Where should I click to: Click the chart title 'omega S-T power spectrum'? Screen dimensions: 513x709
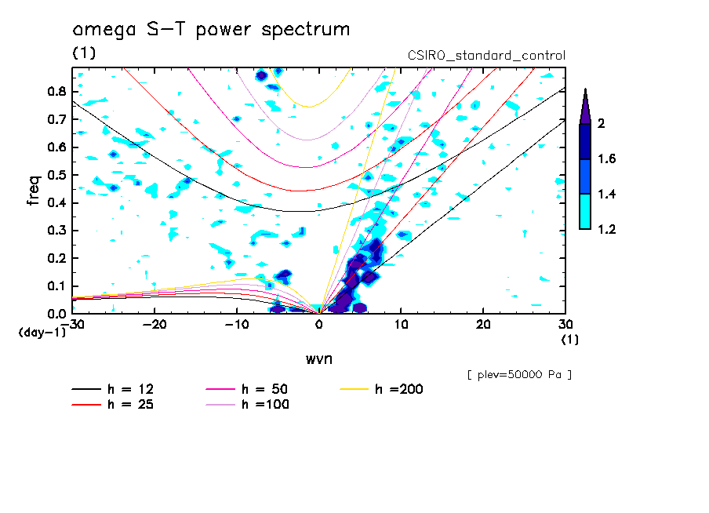[211, 30]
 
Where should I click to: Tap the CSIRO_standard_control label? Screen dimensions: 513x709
[486, 56]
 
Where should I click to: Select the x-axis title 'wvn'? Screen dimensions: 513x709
[318, 358]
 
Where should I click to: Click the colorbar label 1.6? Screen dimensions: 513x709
[607, 159]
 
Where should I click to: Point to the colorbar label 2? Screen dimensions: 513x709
[600, 124]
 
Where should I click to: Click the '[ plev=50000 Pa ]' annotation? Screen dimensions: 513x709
[519, 375]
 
